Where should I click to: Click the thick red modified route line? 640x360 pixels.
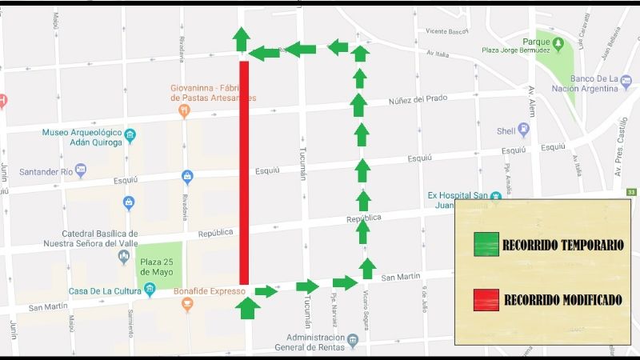[x=244, y=172]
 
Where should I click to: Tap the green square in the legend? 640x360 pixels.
[x=486, y=243]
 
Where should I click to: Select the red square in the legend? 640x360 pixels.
[x=486, y=300]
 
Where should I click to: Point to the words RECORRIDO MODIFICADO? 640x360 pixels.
[x=562, y=301]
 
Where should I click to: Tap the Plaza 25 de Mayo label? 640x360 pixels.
[x=156, y=266]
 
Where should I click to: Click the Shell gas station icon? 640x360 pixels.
[x=525, y=129]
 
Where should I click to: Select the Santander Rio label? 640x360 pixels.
[x=50, y=172]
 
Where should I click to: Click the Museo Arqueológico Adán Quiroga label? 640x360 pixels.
[x=80, y=138]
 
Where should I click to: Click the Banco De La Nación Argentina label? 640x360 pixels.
[x=596, y=84]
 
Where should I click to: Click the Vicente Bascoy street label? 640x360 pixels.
[x=446, y=32]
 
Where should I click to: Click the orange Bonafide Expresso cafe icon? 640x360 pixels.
[x=187, y=305]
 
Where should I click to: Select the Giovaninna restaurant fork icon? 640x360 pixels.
[x=184, y=111]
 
